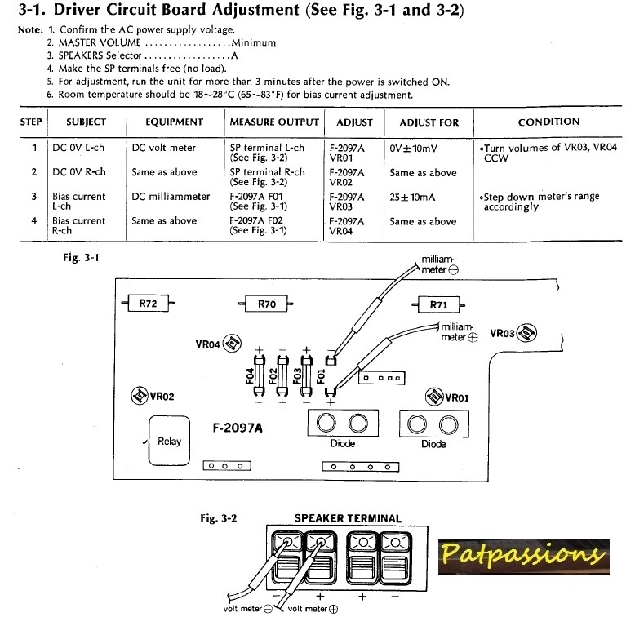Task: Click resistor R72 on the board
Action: [x=148, y=304]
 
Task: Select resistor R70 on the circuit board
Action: [x=266, y=304]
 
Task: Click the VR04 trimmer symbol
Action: [x=231, y=343]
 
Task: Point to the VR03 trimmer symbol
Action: [x=528, y=333]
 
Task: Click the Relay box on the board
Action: [x=169, y=441]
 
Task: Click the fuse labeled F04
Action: [x=260, y=376]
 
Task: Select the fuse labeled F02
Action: [x=282, y=376]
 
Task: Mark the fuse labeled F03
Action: [x=307, y=376]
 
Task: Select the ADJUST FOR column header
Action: [x=429, y=122]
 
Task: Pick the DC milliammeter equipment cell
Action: [x=171, y=197]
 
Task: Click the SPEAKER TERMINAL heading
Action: [x=347, y=518]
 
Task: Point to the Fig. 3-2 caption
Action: [x=219, y=518]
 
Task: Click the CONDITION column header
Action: [x=548, y=122]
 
